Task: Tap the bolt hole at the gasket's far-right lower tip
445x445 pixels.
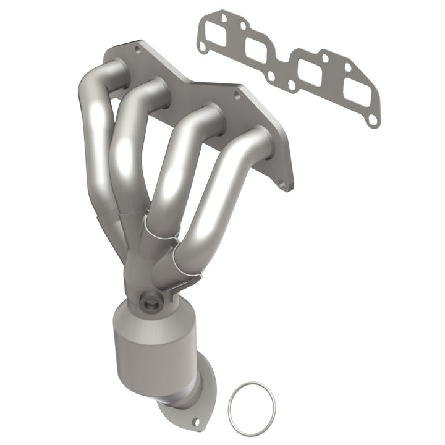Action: coord(373,122)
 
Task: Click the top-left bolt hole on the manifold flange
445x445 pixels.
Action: coord(137,49)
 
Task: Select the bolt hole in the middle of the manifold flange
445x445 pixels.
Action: coord(235,95)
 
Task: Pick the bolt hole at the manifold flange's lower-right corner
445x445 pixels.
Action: coord(283,183)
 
